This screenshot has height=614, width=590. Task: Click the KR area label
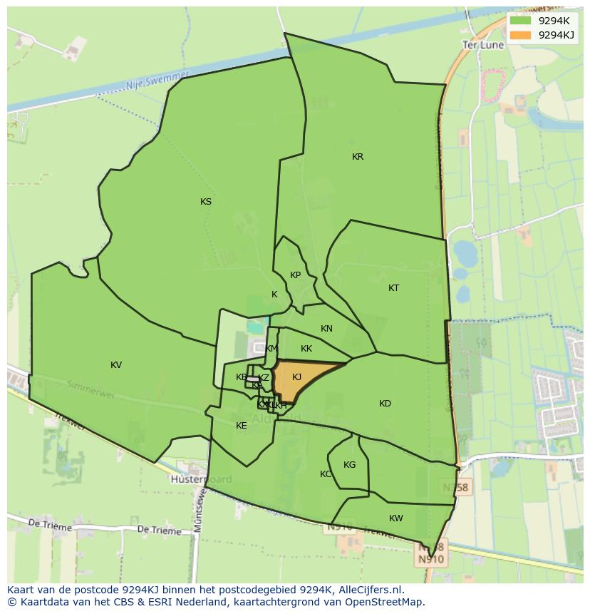tap(358, 157)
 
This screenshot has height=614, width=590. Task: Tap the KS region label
tap(206, 202)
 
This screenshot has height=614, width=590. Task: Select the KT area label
tap(394, 288)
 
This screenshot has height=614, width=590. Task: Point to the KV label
tap(116, 365)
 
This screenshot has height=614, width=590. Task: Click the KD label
tap(385, 404)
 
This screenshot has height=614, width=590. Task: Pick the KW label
tap(396, 518)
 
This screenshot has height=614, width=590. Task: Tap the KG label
tap(349, 465)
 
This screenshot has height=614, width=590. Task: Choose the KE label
tap(242, 426)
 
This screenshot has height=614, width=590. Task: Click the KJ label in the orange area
tap(297, 377)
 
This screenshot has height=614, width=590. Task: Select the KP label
tap(295, 275)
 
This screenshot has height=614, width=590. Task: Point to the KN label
tap(326, 329)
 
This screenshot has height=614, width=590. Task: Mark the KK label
tap(306, 349)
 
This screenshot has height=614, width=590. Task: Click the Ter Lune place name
tap(483, 44)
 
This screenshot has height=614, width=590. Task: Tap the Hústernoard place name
tap(201, 479)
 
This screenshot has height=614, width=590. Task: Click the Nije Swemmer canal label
tap(157, 80)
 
